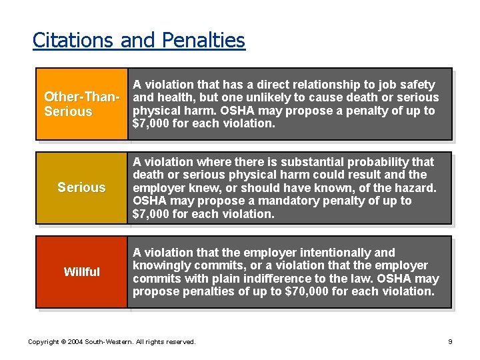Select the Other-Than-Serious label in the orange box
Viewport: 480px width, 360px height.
(81, 104)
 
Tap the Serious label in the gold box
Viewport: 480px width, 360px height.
(81, 187)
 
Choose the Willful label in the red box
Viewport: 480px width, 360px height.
(81, 271)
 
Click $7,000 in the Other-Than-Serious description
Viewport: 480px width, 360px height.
(151, 123)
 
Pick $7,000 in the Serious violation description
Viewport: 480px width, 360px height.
(151, 214)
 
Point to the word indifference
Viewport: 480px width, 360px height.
(285, 279)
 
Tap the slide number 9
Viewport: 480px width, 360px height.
(450, 342)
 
